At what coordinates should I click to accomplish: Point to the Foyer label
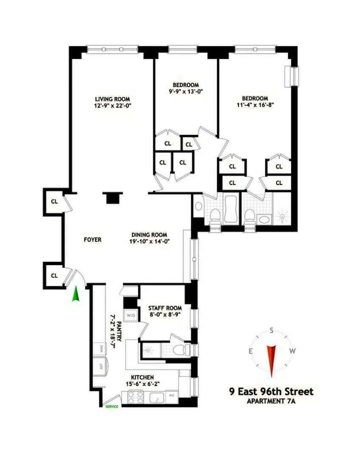pos(93,240)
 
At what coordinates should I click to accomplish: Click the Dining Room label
pos(149,235)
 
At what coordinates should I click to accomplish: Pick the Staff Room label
pos(165,308)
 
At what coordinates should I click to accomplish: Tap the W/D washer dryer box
pos(129,316)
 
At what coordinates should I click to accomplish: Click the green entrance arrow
pos(76,294)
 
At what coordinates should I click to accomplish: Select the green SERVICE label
pos(112,406)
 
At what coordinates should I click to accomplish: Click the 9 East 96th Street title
pos(270,391)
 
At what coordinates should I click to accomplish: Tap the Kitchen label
pos(142,377)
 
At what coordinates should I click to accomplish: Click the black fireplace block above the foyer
pos(112,198)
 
